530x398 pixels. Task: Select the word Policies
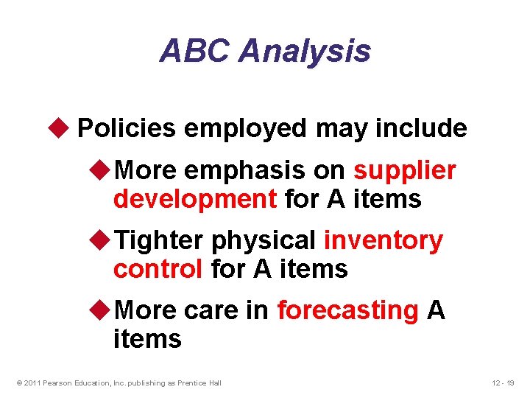point(126,128)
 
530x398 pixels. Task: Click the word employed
point(246,128)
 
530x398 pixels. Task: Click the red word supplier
point(405,171)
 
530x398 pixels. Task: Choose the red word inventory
point(384,240)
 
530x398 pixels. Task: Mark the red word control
point(158,268)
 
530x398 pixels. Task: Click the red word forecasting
point(347,310)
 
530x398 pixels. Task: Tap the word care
point(213,310)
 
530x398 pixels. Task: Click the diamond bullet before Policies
point(62,128)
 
